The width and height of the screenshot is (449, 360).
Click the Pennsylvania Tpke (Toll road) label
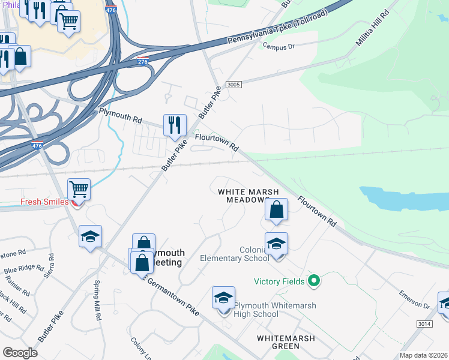tap(277, 28)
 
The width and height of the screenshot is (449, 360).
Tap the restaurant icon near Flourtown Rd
tap(175, 125)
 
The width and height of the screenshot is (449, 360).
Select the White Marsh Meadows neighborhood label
tap(248, 196)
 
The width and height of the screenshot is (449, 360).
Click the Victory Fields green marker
tap(313, 280)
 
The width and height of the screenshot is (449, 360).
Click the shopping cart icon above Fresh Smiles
tap(79, 190)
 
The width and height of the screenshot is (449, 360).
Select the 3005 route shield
tap(234, 85)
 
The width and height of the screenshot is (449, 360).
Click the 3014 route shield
tap(424, 323)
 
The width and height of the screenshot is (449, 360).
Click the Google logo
tap(20, 352)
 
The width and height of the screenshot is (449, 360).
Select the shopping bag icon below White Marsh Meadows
tap(276, 210)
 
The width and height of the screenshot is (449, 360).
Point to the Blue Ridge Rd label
tap(25, 270)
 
